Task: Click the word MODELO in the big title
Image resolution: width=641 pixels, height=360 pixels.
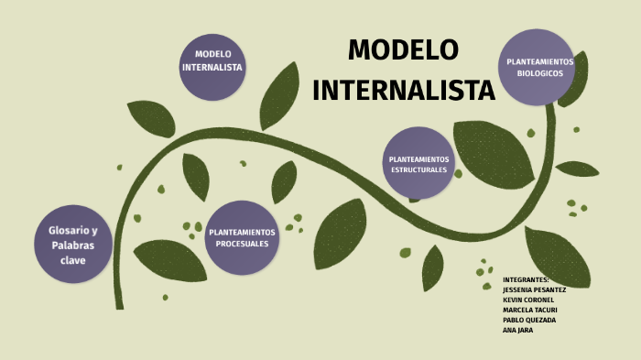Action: (x=403, y=50)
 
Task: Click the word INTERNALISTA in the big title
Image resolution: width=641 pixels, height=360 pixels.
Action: (x=404, y=90)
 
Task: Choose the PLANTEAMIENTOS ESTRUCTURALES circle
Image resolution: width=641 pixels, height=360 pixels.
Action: (x=418, y=164)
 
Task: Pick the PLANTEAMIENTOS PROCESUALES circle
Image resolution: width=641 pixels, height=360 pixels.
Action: (x=242, y=238)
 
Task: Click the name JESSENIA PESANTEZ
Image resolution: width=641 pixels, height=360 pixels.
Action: (x=535, y=289)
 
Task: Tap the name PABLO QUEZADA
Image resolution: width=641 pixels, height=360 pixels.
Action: (x=529, y=320)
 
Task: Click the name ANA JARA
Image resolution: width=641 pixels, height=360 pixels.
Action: (x=517, y=330)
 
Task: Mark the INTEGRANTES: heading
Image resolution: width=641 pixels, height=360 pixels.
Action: (x=526, y=279)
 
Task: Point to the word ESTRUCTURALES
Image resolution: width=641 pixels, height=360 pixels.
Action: (x=419, y=170)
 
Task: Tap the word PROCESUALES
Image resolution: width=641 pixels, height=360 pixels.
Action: (x=242, y=245)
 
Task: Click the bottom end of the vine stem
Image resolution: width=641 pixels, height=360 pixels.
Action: (x=118, y=304)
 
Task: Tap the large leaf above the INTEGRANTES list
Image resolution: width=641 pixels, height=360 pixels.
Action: (x=557, y=256)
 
